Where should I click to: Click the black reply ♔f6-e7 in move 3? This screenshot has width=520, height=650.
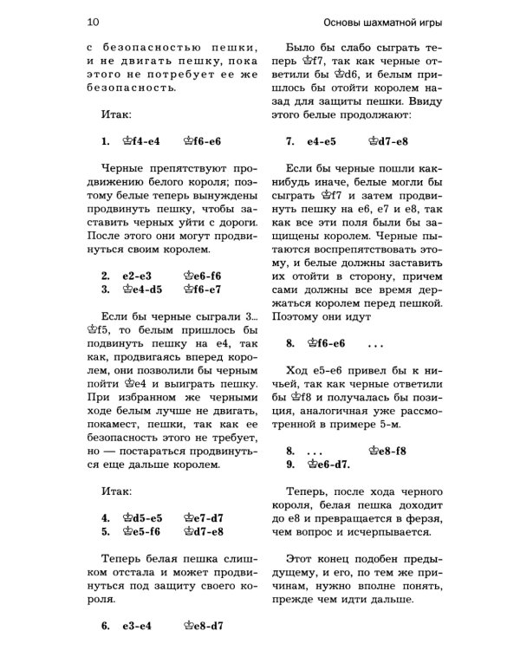[205, 289]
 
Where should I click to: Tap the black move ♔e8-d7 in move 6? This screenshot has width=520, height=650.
[205, 624]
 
